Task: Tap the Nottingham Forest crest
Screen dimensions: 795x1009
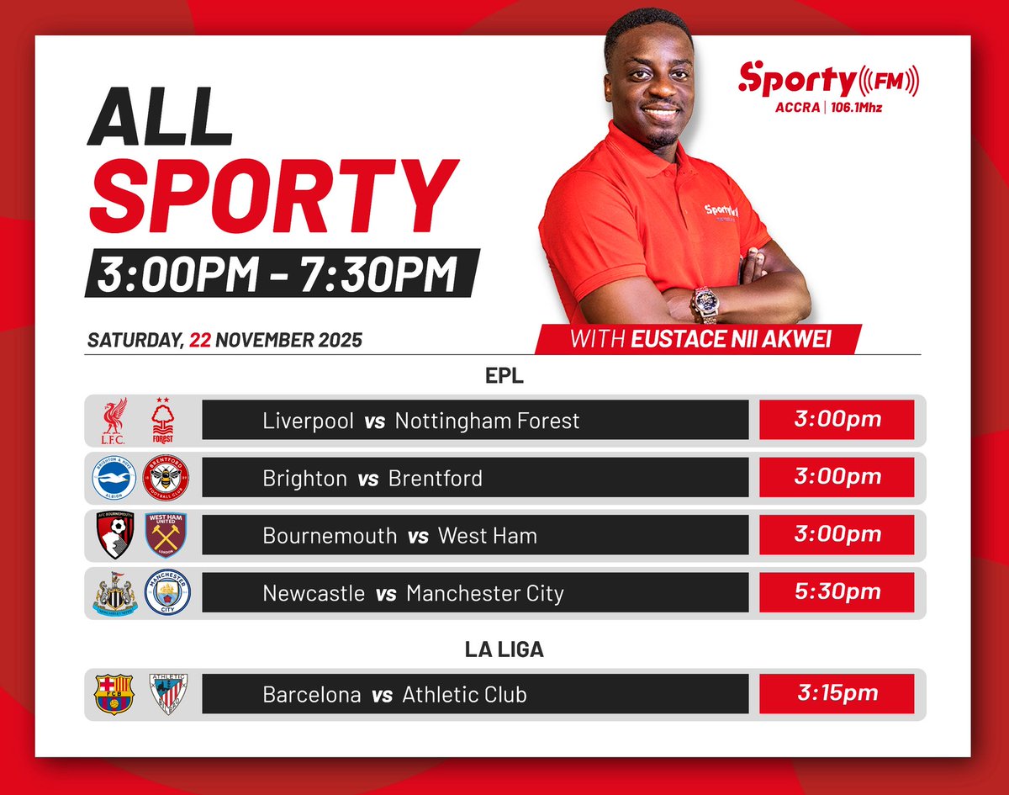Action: tap(165, 419)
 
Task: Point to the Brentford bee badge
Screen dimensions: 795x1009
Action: tap(166, 477)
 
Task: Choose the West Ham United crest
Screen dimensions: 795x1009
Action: tap(166, 534)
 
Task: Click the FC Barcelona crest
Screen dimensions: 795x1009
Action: tap(113, 694)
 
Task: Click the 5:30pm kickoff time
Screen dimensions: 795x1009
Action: tap(836, 591)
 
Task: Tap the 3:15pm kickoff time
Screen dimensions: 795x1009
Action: tap(836, 694)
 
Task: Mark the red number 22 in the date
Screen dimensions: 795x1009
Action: tap(200, 341)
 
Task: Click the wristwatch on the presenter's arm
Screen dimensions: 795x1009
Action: tap(705, 304)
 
